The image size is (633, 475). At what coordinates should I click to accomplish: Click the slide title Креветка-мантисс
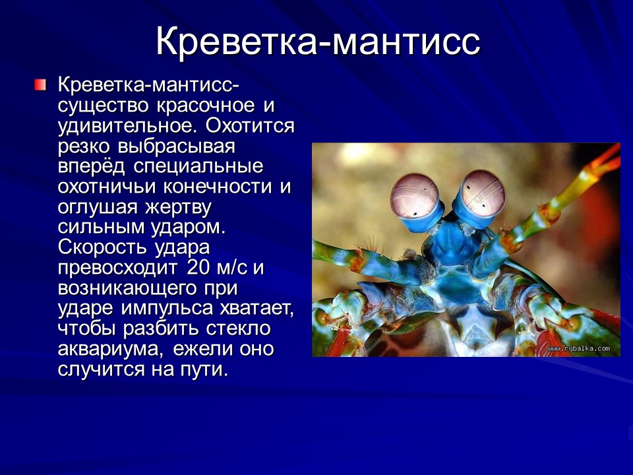tap(317, 42)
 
